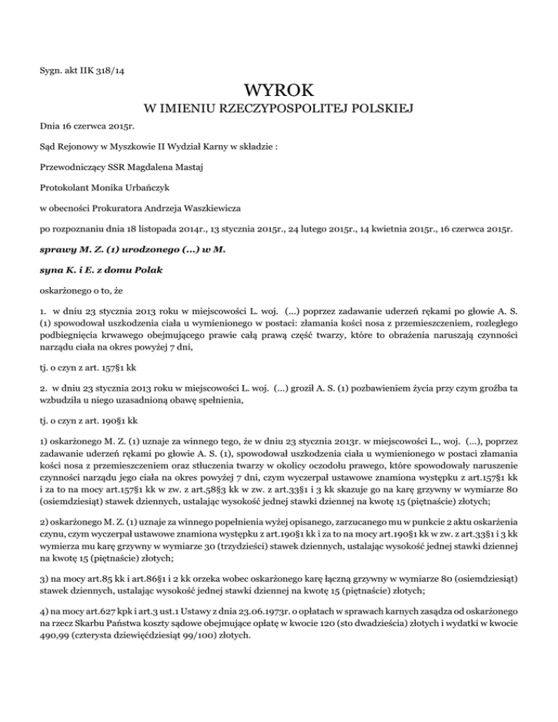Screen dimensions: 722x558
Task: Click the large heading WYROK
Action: (280, 92)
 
